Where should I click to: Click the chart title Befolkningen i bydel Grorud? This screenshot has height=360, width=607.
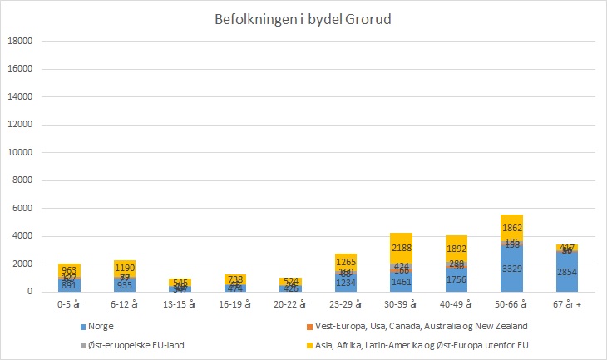tap(303, 21)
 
